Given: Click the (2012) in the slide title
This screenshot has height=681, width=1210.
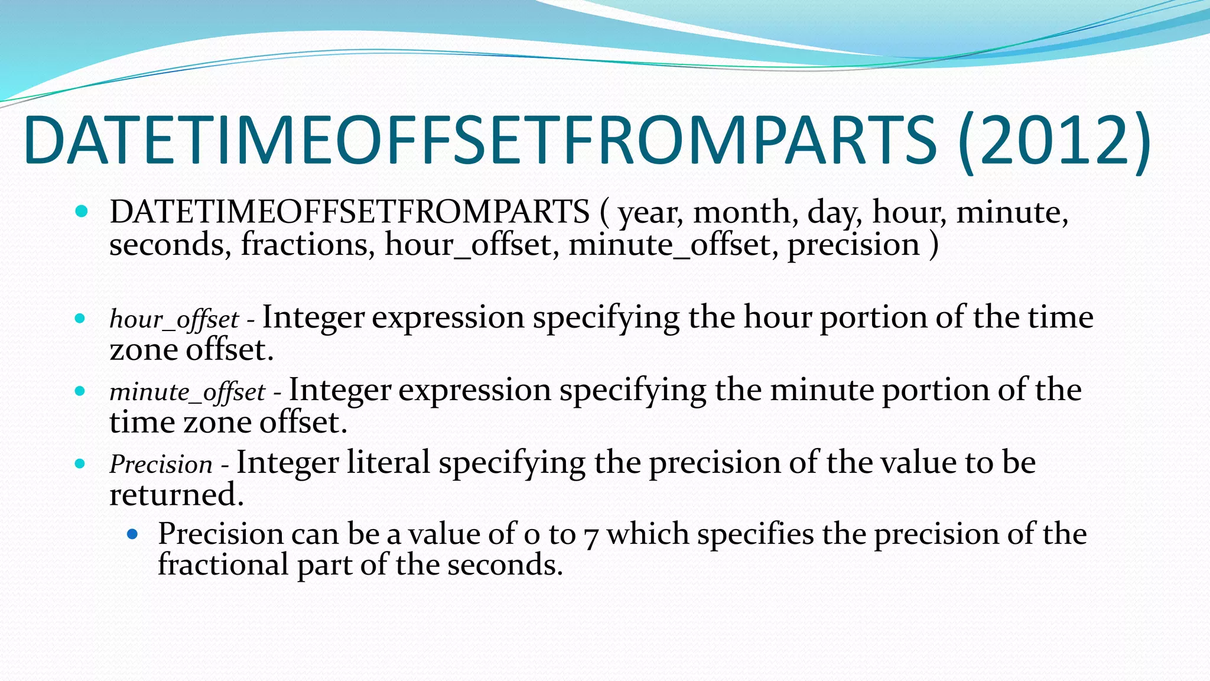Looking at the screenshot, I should point(1055,141).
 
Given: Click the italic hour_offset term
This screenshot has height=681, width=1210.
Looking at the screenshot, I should point(174,320).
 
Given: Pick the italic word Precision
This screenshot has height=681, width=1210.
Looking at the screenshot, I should point(161,465).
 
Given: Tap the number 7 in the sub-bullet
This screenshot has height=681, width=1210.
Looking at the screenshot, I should point(591,536).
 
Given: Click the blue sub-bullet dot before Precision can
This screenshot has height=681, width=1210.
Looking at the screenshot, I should point(132,534).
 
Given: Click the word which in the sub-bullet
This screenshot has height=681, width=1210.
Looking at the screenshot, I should point(647,534).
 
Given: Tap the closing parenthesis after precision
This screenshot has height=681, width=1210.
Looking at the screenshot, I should point(934,245).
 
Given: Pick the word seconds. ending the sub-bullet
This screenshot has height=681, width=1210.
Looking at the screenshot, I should point(504,565).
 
